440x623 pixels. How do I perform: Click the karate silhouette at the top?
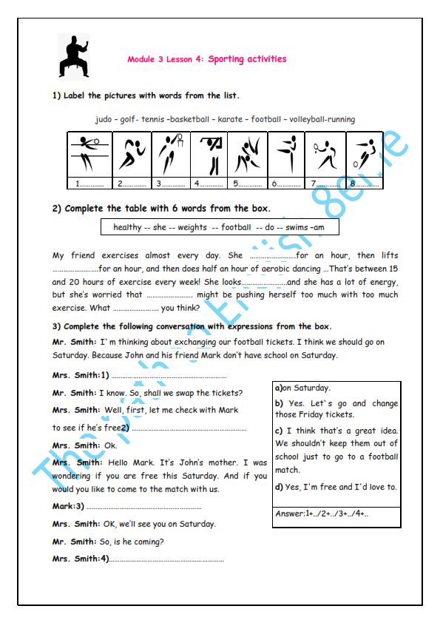point(74,56)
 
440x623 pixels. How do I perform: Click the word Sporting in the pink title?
point(226,60)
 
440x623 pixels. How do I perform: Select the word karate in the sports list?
point(230,119)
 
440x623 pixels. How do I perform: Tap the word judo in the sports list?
point(104,120)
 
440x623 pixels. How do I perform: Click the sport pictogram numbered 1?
point(89,154)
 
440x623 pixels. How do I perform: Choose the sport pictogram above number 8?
point(365,154)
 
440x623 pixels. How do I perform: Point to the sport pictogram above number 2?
point(132,154)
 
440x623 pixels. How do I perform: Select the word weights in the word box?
point(192,227)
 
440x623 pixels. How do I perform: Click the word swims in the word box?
point(297,227)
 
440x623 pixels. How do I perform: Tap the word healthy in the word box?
point(127,227)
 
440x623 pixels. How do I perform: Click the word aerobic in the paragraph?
point(275,269)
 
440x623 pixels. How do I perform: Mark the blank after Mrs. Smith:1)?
point(169,377)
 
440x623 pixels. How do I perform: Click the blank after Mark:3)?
point(144,508)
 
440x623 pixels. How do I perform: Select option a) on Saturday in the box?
point(302,388)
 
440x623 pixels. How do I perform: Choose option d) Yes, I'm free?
point(336,487)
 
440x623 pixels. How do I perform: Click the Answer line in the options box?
point(322,513)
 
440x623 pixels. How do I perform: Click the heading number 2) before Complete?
point(57,209)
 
